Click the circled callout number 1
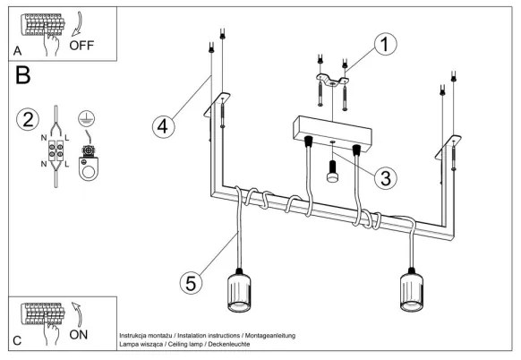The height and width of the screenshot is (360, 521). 385,44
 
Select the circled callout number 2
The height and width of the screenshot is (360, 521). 29,119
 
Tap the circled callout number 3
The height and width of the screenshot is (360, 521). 385,177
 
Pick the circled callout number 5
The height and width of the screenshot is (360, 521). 189,282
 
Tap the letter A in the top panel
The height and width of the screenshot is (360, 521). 18,51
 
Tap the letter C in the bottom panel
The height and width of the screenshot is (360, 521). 18,341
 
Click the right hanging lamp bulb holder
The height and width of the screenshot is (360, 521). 413,296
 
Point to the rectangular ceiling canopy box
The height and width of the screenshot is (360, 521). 331,132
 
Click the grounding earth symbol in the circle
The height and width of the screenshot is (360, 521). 88,117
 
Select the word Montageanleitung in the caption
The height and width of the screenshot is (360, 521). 267,335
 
